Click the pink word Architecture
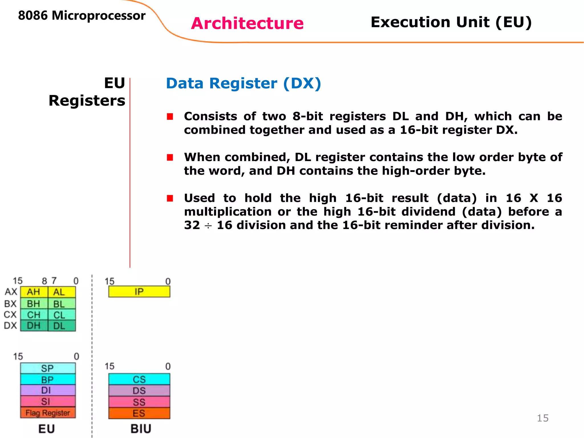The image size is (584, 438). pos(247,23)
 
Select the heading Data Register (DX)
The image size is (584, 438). pos(244,84)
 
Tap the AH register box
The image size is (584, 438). pos(34,292)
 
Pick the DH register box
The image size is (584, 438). pos(34,326)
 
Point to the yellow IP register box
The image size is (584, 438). pos(139,292)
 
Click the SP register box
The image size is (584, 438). pos(48,368)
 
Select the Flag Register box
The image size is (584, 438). pos(48,413)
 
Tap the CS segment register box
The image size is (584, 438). pos(139,379)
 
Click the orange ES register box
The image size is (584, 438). pos(139,413)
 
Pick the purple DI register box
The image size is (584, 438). pos(48,390)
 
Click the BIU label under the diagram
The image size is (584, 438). pos(141,429)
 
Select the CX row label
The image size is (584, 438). pos(10,315)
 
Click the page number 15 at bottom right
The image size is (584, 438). pos(543,418)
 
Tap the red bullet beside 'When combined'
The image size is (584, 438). pos(170,157)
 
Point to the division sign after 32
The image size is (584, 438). pos(208,226)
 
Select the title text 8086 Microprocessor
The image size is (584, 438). pos(82,16)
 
